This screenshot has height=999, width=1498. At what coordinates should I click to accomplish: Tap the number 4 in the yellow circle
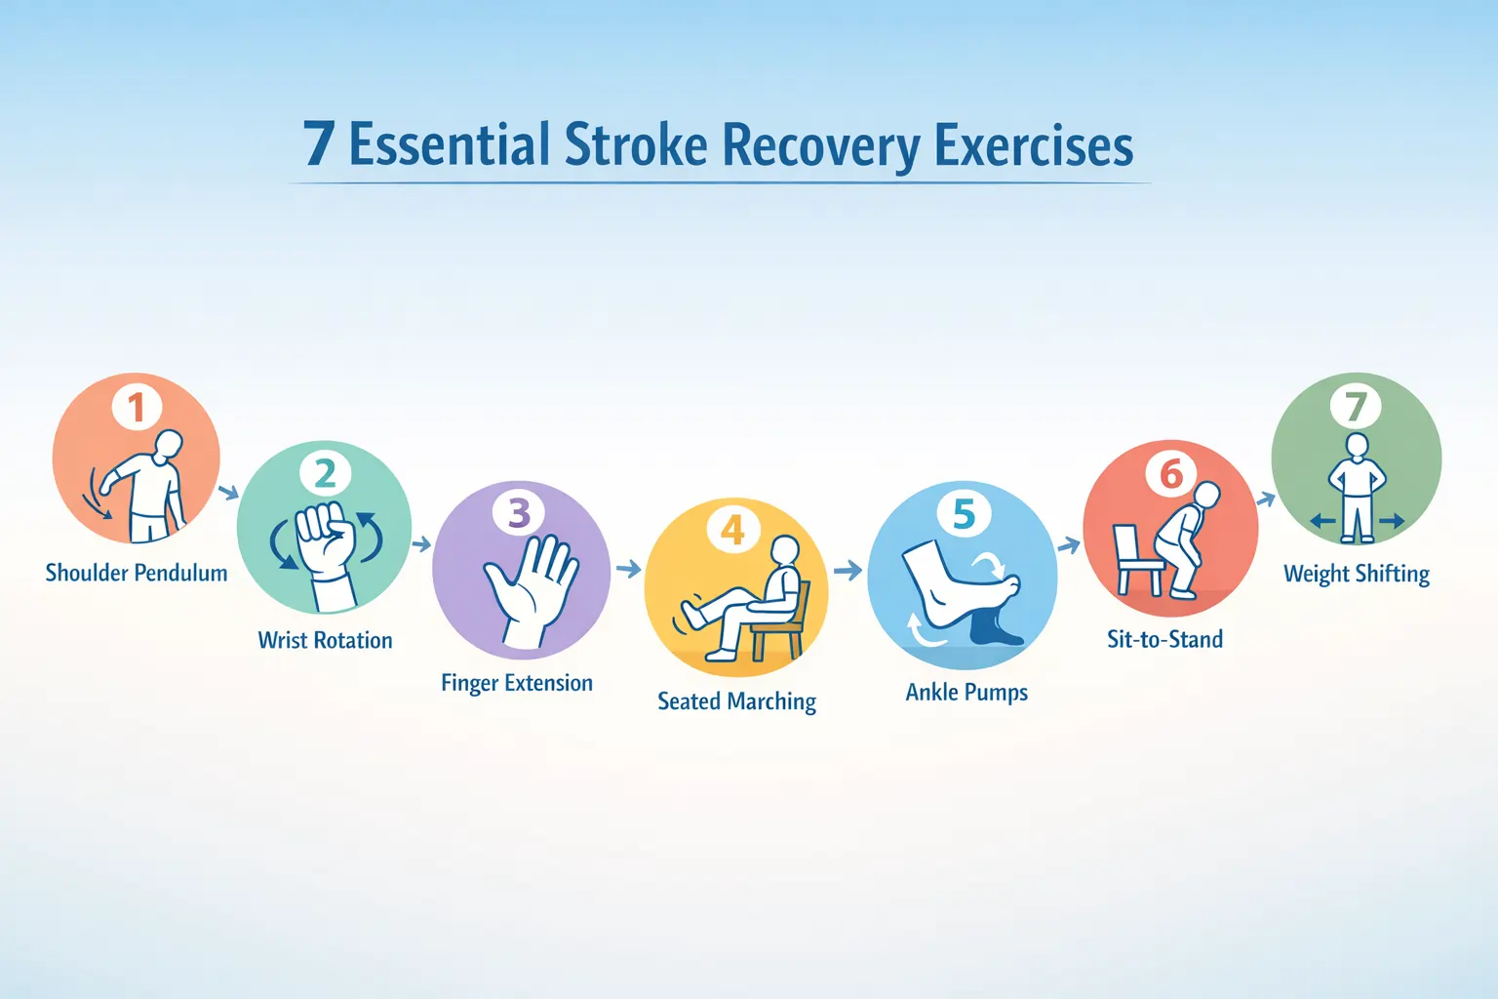click(x=733, y=530)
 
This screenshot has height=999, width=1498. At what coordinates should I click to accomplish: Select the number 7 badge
click(x=1356, y=406)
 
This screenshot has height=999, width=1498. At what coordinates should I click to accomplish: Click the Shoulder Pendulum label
click(x=137, y=573)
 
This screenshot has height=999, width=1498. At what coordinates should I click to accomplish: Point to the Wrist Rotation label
click(x=325, y=640)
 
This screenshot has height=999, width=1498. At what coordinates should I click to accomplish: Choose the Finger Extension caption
click(x=517, y=683)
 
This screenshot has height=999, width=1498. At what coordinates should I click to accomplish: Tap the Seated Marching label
click(x=737, y=701)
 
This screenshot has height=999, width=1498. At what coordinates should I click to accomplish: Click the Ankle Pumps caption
click(x=966, y=692)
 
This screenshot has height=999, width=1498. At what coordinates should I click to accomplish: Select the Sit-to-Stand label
click(x=1165, y=639)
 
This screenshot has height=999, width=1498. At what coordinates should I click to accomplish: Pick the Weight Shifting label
click(x=1357, y=574)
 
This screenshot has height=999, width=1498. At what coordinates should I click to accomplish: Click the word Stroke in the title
click(x=636, y=144)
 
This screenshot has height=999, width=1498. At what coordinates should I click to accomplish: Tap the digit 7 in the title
click(x=318, y=143)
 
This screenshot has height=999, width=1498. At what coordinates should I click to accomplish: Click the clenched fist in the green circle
click(x=325, y=539)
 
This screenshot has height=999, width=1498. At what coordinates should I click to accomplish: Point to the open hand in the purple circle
click(x=532, y=590)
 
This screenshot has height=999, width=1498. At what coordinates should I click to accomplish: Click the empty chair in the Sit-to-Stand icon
click(x=1138, y=560)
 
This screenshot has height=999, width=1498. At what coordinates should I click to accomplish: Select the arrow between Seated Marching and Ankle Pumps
click(x=848, y=570)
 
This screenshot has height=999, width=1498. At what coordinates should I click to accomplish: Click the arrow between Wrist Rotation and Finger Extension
click(x=421, y=544)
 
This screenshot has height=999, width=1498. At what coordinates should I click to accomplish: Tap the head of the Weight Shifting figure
click(x=1357, y=445)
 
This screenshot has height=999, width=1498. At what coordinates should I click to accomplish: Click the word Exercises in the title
click(x=1033, y=144)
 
